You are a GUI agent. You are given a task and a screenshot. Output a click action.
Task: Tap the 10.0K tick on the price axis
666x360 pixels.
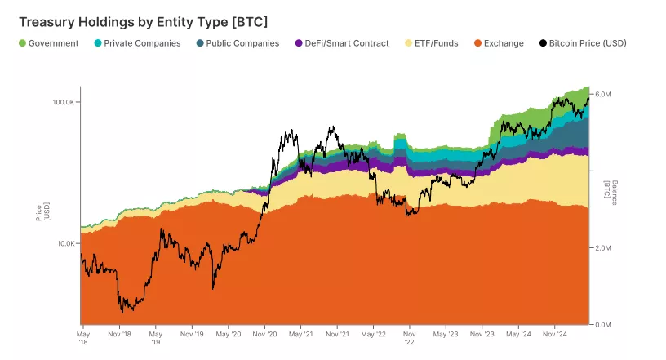[64, 243]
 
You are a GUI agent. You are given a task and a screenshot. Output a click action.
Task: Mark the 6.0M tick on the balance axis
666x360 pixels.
[602, 95]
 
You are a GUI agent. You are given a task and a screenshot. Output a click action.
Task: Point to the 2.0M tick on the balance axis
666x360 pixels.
[602, 248]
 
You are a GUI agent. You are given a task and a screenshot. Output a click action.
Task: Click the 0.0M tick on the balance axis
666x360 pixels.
[602, 325]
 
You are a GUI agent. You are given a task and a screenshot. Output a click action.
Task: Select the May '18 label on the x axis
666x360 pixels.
[82, 337]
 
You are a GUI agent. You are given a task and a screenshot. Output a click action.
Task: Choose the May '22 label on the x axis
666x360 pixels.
[374, 334]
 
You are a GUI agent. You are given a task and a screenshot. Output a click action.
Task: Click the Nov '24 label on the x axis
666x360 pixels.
[555, 334]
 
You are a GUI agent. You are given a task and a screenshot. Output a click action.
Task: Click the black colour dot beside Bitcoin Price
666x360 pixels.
[544, 43]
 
